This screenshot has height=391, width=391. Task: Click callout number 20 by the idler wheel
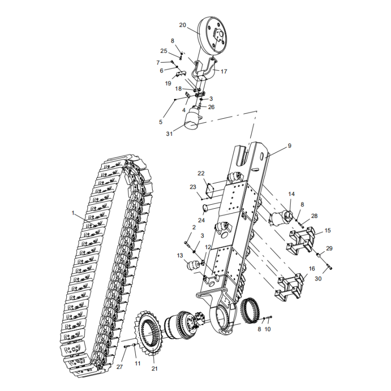(x=183, y=25)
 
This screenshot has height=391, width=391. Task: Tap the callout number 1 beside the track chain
(x=73, y=213)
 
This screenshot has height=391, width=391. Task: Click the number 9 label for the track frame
(x=289, y=145)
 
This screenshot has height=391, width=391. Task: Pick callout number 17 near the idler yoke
(x=224, y=71)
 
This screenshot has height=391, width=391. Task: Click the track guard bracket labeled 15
(x=300, y=242)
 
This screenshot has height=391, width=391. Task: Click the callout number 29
(x=329, y=249)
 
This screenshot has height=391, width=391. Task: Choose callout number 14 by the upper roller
(x=291, y=194)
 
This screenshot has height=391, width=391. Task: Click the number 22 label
(x=201, y=174)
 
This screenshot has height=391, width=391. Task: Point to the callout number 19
(x=168, y=83)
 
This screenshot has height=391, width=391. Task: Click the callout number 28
(x=314, y=216)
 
